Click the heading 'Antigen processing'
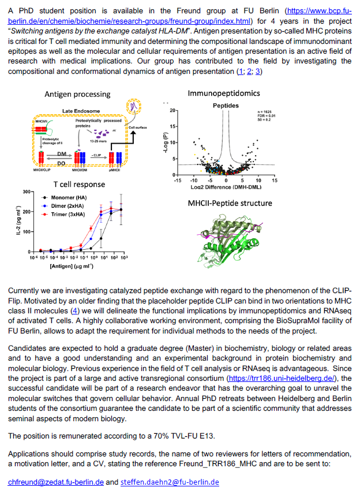pos(77,94)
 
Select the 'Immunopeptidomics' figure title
pos(224,92)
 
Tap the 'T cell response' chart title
pos(80,184)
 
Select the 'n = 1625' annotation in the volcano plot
pos(264,111)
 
